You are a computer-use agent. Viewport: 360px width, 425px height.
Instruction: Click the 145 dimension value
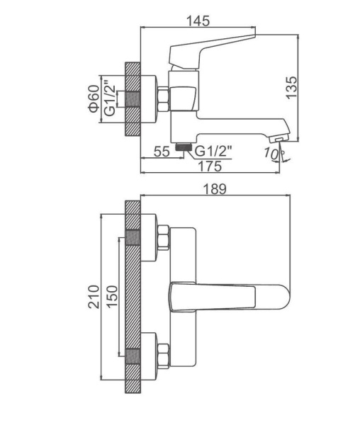click(x=198, y=21)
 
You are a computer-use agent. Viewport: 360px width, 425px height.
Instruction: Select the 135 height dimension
click(x=292, y=88)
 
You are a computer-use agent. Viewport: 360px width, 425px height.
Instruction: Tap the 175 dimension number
click(x=210, y=166)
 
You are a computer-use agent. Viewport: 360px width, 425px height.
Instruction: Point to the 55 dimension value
click(x=162, y=152)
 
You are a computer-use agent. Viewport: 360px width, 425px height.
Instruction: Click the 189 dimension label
click(x=215, y=189)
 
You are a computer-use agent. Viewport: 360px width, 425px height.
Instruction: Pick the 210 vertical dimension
click(x=94, y=297)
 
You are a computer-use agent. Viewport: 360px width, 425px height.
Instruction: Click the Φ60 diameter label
click(x=94, y=98)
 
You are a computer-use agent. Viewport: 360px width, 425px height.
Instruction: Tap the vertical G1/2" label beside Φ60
click(x=110, y=98)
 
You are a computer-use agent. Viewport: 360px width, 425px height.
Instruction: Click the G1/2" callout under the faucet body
click(x=214, y=151)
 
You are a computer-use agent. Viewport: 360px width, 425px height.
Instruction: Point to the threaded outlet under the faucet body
click(x=184, y=147)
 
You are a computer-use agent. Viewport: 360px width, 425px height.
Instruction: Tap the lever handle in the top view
click(x=230, y=297)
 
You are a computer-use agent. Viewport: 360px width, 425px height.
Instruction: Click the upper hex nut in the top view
click(x=163, y=237)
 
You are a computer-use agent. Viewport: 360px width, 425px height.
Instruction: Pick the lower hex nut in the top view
click(x=163, y=356)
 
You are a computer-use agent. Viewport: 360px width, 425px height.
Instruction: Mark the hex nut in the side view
click(x=163, y=99)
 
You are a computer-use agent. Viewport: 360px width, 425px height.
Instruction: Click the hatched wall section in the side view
click(x=133, y=99)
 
